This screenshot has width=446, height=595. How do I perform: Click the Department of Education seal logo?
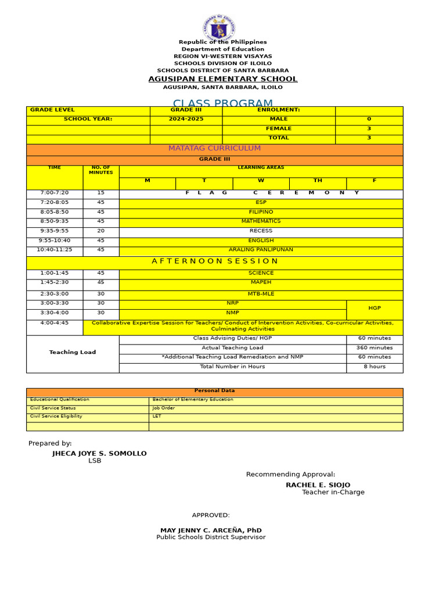pyautogui.click(x=219, y=27)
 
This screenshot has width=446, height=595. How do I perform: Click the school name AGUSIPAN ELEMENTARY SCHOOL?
pyautogui.click(x=223, y=79)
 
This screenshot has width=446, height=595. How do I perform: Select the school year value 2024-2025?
pyautogui.click(x=186, y=119)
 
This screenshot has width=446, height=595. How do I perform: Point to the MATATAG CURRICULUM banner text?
pyautogui.click(x=214, y=149)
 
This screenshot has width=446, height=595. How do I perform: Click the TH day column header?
pyautogui.click(x=318, y=181)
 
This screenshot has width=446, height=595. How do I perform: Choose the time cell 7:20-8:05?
pyautogui.click(x=55, y=203)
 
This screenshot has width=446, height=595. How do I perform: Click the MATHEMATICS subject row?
pyautogui.click(x=261, y=221)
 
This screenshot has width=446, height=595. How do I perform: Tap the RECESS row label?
pyautogui.click(x=261, y=231)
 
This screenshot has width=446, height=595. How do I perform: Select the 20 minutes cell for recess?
pyautogui.click(x=101, y=231)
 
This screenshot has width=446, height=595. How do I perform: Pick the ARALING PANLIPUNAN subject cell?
pyautogui.click(x=261, y=250)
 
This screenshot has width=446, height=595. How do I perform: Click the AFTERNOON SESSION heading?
pyautogui.click(x=215, y=261)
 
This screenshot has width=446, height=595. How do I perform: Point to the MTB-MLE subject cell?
pyautogui.click(x=261, y=294)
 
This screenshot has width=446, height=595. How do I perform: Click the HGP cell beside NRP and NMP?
pyautogui.click(x=375, y=308)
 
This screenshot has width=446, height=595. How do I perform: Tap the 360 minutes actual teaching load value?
pyautogui.click(x=375, y=347)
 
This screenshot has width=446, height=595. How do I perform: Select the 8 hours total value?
pyautogui.click(x=375, y=367)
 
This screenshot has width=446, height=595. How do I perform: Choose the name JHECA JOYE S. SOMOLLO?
pyautogui.click(x=99, y=453)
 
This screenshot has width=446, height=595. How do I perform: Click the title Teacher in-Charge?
pyautogui.click(x=333, y=492)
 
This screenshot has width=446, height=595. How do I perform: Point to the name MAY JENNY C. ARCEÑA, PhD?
pyautogui.click(x=211, y=531)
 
